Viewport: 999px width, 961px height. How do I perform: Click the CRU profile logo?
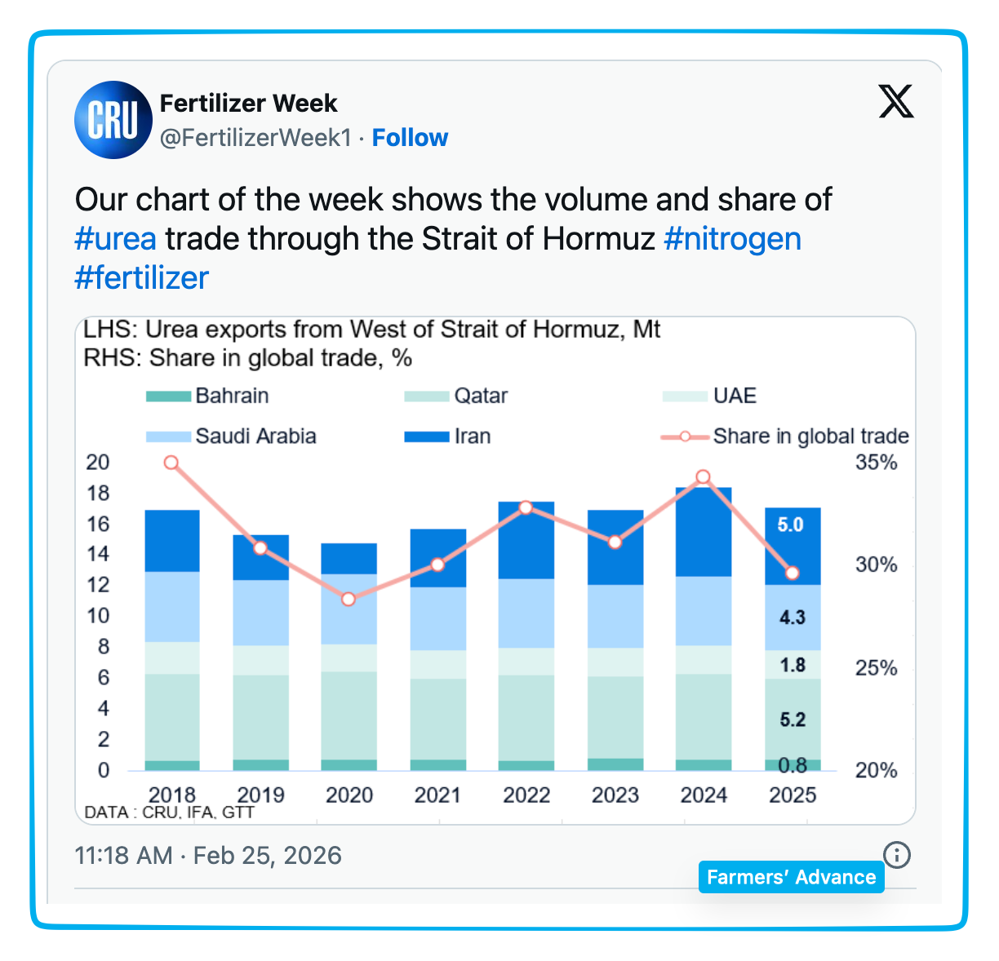point(113,120)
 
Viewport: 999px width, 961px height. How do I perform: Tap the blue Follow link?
point(410,138)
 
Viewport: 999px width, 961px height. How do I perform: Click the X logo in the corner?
point(895,102)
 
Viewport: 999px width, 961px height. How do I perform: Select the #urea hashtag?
point(115,239)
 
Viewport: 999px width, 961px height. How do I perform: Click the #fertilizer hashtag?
point(142,278)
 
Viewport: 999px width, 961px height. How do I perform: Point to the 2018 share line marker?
point(171,463)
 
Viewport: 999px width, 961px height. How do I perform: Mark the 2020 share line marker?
point(349,599)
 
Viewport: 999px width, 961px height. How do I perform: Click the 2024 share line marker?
point(704,477)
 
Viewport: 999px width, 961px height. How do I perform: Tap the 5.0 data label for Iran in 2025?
point(790,525)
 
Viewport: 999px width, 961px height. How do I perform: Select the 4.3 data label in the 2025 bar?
point(792,618)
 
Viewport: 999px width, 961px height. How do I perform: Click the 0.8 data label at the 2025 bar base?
point(793,765)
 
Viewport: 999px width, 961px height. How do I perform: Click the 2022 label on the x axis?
point(526,795)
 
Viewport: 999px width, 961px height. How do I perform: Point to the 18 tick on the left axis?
point(98,493)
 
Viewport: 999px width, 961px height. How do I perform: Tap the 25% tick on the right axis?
point(876,668)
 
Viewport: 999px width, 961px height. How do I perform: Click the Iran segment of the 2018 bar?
point(172,541)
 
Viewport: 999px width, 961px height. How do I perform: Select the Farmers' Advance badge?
point(791,877)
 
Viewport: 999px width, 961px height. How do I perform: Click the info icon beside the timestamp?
point(897,855)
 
